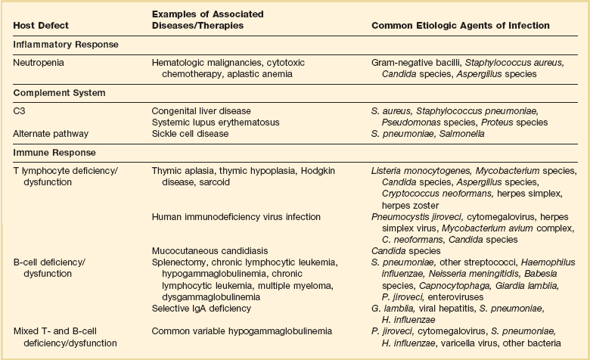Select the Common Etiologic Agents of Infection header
click(460, 26)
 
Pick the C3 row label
click(19, 110)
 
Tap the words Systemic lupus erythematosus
click(216, 122)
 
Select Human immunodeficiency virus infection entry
click(236, 217)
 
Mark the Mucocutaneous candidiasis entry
click(206, 250)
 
